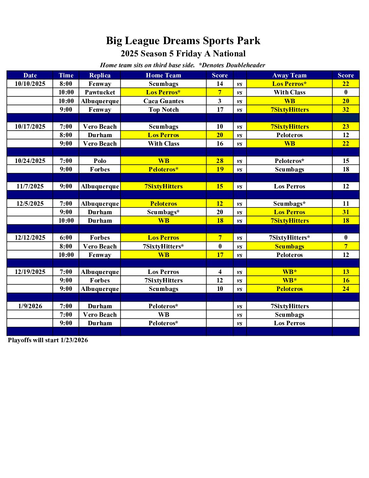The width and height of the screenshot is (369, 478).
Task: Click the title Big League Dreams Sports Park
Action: pos(183,41)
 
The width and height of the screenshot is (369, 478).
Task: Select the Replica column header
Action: pos(100,75)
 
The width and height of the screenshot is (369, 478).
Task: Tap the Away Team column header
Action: pos(289,75)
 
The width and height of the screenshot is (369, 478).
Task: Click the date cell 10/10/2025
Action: pos(30,84)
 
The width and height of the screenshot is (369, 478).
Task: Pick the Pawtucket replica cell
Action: pos(100,92)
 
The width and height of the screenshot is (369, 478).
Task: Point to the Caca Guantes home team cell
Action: pos(163,101)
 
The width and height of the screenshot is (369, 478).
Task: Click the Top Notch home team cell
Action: pos(163,110)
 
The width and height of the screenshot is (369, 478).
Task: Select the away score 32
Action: pos(346,110)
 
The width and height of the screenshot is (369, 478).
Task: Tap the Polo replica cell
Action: pos(100,161)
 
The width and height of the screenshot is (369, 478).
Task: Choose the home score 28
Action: pos(220,161)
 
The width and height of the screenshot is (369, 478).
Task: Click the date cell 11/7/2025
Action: pos(30,186)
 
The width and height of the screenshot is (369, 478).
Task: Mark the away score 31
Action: pos(346,212)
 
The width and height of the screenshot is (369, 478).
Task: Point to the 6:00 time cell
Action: pos(66,238)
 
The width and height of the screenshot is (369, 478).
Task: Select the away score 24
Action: pos(346,289)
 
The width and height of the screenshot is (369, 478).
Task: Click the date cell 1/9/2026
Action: pos(30,306)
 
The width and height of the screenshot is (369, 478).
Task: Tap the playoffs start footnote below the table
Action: pos(48,340)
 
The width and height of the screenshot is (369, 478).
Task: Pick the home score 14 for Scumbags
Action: pos(220,84)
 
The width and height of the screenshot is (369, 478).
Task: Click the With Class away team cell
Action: pos(289,92)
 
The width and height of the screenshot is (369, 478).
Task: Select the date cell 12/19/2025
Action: pos(30,272)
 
